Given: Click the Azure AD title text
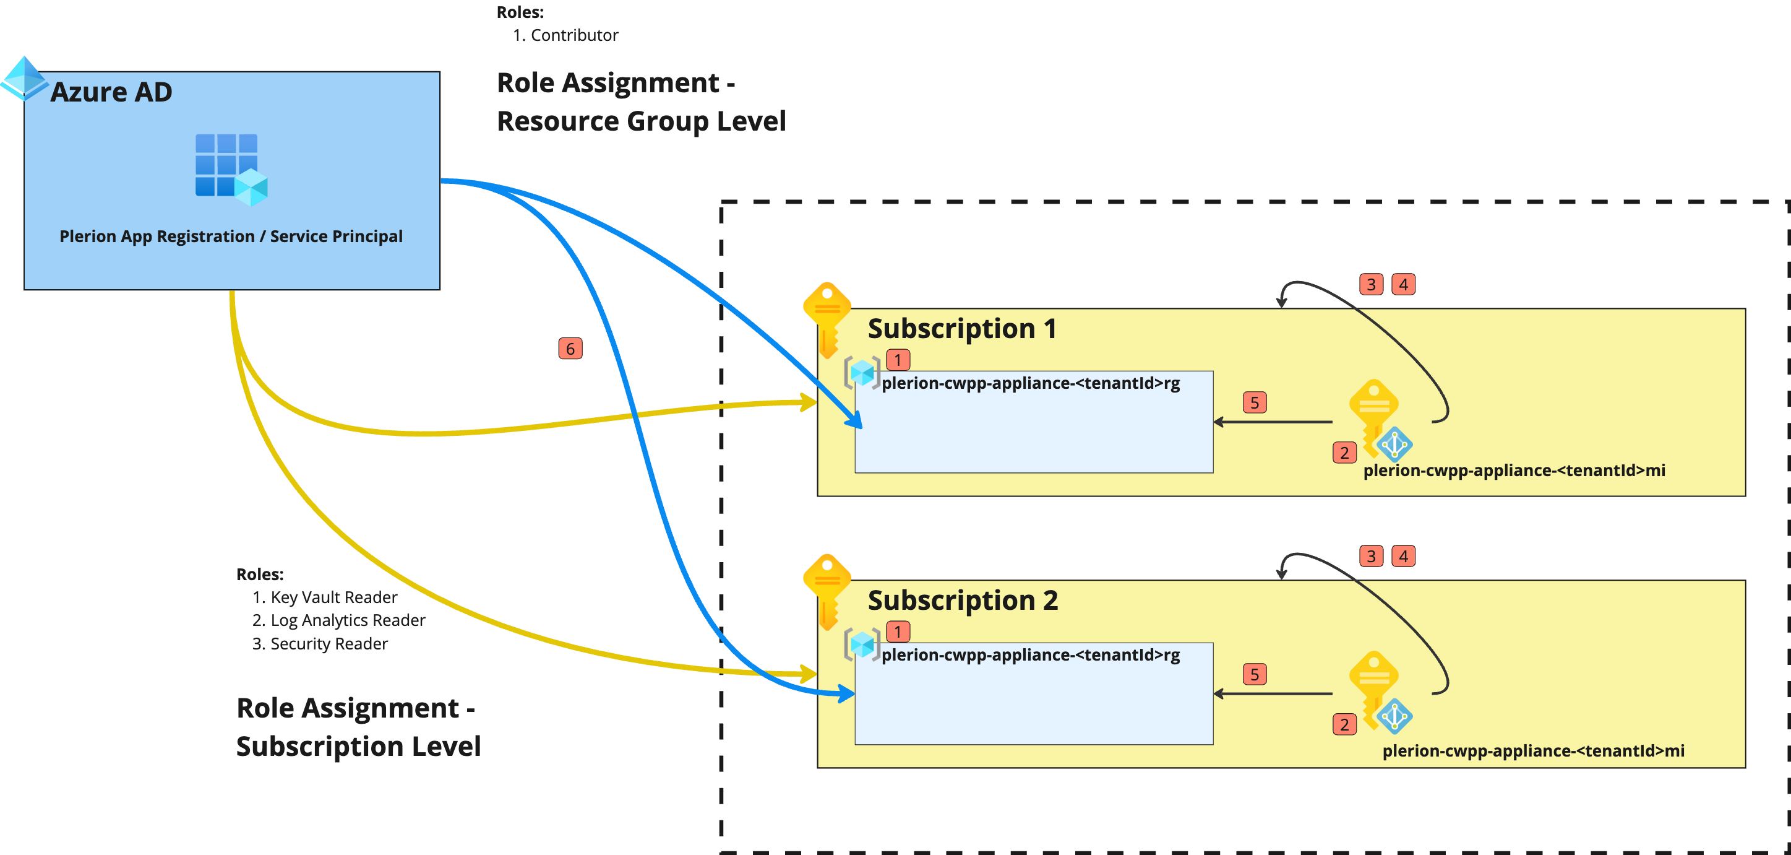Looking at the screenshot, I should tap(111, 92).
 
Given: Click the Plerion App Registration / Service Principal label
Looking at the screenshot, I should tap(231, 237).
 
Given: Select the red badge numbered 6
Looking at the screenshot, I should tap(570, 349).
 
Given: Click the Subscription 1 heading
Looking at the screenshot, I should tap(962, 328).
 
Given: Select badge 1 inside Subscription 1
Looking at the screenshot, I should tap(898, 360).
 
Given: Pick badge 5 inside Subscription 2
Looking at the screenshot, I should tap(1254, 674).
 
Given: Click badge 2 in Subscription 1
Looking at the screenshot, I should tap(1344, 453).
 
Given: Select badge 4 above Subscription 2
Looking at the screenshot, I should tap(1403, 557).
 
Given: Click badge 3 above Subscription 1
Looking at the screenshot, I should tap(1370, 285).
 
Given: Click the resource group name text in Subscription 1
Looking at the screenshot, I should tap(1031, 383).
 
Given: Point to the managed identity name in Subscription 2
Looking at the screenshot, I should tap(1533, 750).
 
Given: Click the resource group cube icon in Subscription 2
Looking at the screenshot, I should tap(862, 645).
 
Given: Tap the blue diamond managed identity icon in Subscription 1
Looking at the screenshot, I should tap(1394, 445).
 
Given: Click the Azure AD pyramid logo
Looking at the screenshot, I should tap(23, 78).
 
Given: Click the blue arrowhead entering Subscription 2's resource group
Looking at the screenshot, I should tap(848, 693).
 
